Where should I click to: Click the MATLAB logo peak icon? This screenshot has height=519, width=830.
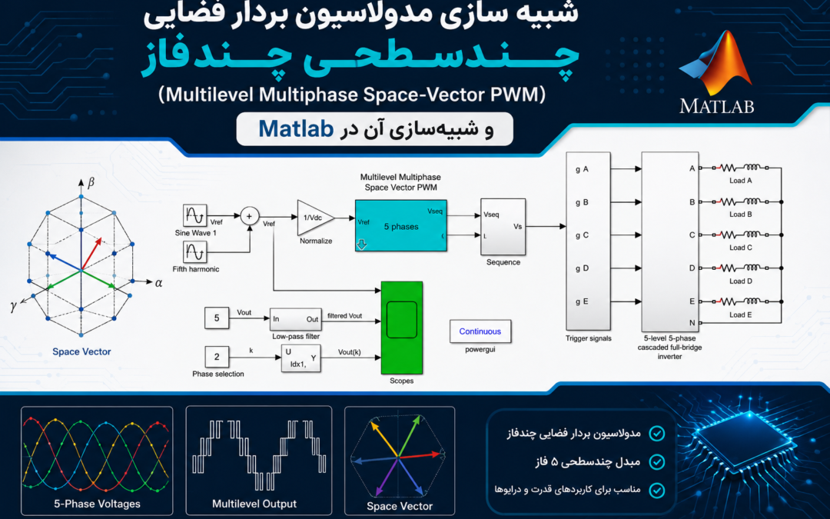pyautogui.click(x=717, y=64)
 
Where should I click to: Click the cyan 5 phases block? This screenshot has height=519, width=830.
pyautogui.click(x=400, y=225)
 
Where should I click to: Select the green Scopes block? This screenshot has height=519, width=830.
pyautogui.click(x=402, y=328)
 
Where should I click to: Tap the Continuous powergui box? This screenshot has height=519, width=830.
pyautogui.click(x=480, y=331)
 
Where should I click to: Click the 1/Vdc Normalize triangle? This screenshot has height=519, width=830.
pyautogui.click(x=315, y=218)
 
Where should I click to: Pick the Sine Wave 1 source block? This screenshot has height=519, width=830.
pyautogui.click(x=194, y=215)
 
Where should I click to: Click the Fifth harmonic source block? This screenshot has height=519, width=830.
pyautogui.click(x=194, y=252)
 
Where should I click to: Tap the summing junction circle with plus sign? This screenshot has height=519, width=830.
pyautogui.click(x=249, y=216)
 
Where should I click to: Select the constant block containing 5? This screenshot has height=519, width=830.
pyautogui.click(x=217, y=318)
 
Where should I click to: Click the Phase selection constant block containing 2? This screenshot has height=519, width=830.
pyautogui.click(x=217, y=357)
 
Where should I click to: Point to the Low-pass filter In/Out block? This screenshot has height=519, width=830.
pyautogui.click(x=295, y=319)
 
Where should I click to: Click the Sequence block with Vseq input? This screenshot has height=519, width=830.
pyautogui.click(x=503, y=227)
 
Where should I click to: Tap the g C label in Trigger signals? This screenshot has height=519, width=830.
pyautogui.click(x=582, y=235)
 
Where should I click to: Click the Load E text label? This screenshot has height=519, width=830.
pyautogui.click(x=741, y=314)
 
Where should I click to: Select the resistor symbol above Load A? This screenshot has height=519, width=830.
pyautogui.click(x=728, y=168)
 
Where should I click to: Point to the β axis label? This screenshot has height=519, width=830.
pyautogui.click(x=91, y=183)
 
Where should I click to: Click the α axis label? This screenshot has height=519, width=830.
pyautogui.click(x=159, y=283)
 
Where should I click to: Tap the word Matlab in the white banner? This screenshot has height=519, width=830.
pyautogui.click(x=296, y=128)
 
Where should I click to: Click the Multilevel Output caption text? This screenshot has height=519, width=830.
pyautogui.click(x=254, y=504)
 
